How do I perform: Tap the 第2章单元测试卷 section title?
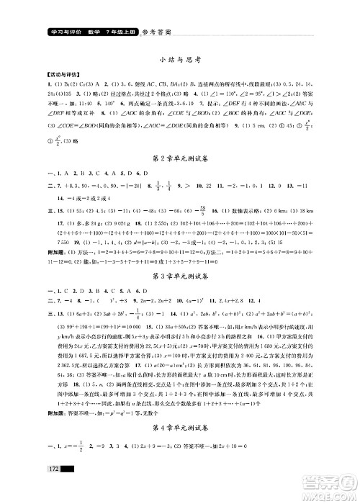click(179, 158)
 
